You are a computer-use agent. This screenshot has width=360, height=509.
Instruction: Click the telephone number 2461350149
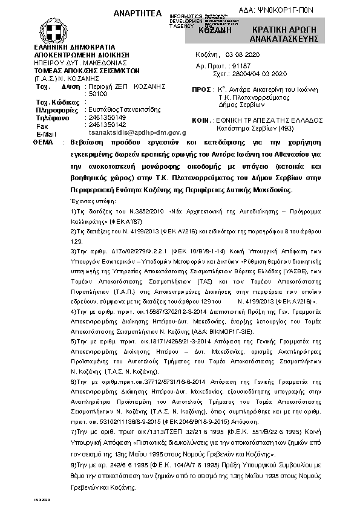107,117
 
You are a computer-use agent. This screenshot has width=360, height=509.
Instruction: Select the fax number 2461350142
107,124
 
